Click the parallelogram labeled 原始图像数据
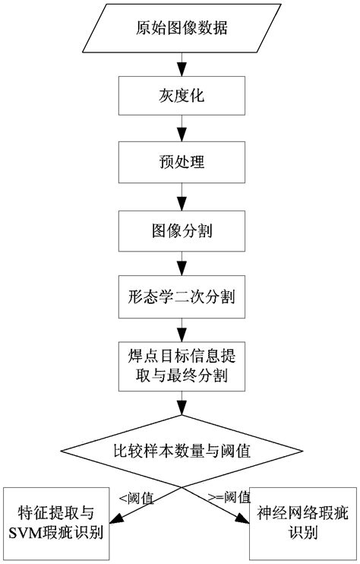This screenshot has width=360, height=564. (179, 30)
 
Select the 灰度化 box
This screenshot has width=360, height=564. (179, 97)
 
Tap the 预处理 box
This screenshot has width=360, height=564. (179, 163)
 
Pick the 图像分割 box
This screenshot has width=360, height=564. (179, 228)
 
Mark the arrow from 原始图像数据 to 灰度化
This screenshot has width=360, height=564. (180, 65)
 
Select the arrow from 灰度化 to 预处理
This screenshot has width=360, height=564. (180, 130)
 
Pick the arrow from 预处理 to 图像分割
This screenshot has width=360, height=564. (180, 196)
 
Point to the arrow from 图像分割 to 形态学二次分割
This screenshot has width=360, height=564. (180, 262)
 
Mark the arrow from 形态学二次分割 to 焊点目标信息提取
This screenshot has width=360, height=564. (180, 329)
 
